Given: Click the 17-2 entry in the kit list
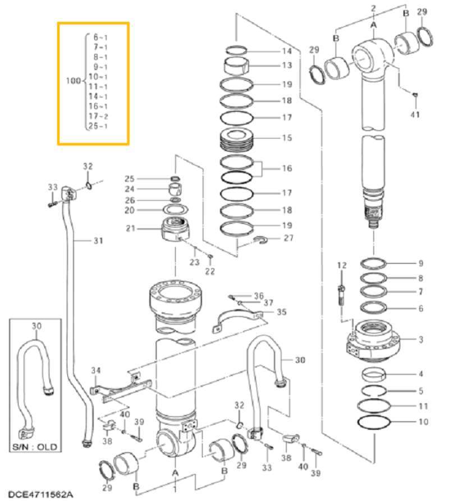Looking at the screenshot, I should tap(98, 116).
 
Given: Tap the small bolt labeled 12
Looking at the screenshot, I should tap(342, 295).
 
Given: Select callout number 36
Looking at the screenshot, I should tap(258, 295).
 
